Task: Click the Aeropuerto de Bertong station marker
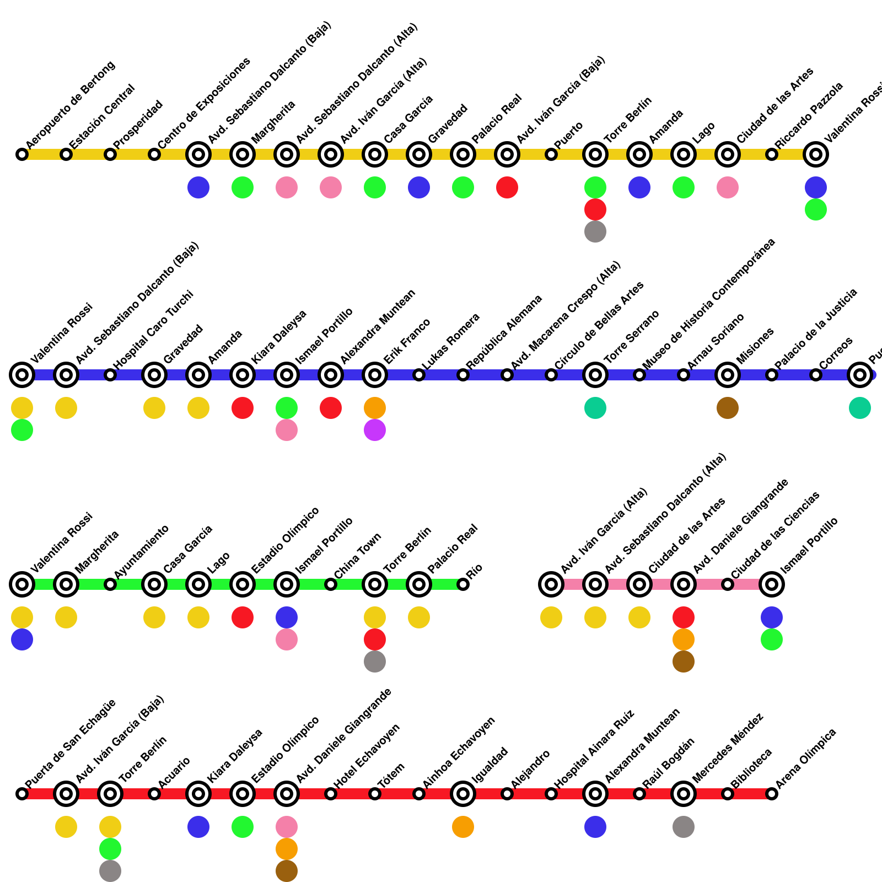tap(22, 154)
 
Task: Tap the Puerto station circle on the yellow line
tap(551, 154)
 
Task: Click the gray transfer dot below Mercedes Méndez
tap(684, 827)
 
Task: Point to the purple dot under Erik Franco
tap(375, 430)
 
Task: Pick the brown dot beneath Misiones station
tap(728, 408)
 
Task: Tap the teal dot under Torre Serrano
tap(595, 408)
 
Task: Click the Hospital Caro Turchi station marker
tap(110, 375)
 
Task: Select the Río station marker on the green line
tap(463, 584)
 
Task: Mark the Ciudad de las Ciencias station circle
tap(728, 584)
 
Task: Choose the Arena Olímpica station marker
tap(772, 794)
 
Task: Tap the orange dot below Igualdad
tap(463, 827)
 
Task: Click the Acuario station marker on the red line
tap(154, 794)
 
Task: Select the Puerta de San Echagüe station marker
tap(22, 794)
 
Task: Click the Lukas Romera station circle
tap(419, 375)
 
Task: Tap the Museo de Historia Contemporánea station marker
tap(639, 375)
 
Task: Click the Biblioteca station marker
tap(728, 794)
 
